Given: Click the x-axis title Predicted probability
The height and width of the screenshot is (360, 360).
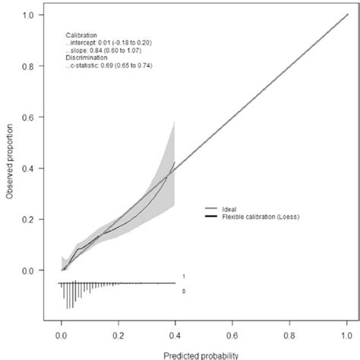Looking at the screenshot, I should pyautogui.click(x=203, y=354).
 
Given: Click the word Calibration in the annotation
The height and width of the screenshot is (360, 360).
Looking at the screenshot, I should pyautogui.click(x=81, y=34).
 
